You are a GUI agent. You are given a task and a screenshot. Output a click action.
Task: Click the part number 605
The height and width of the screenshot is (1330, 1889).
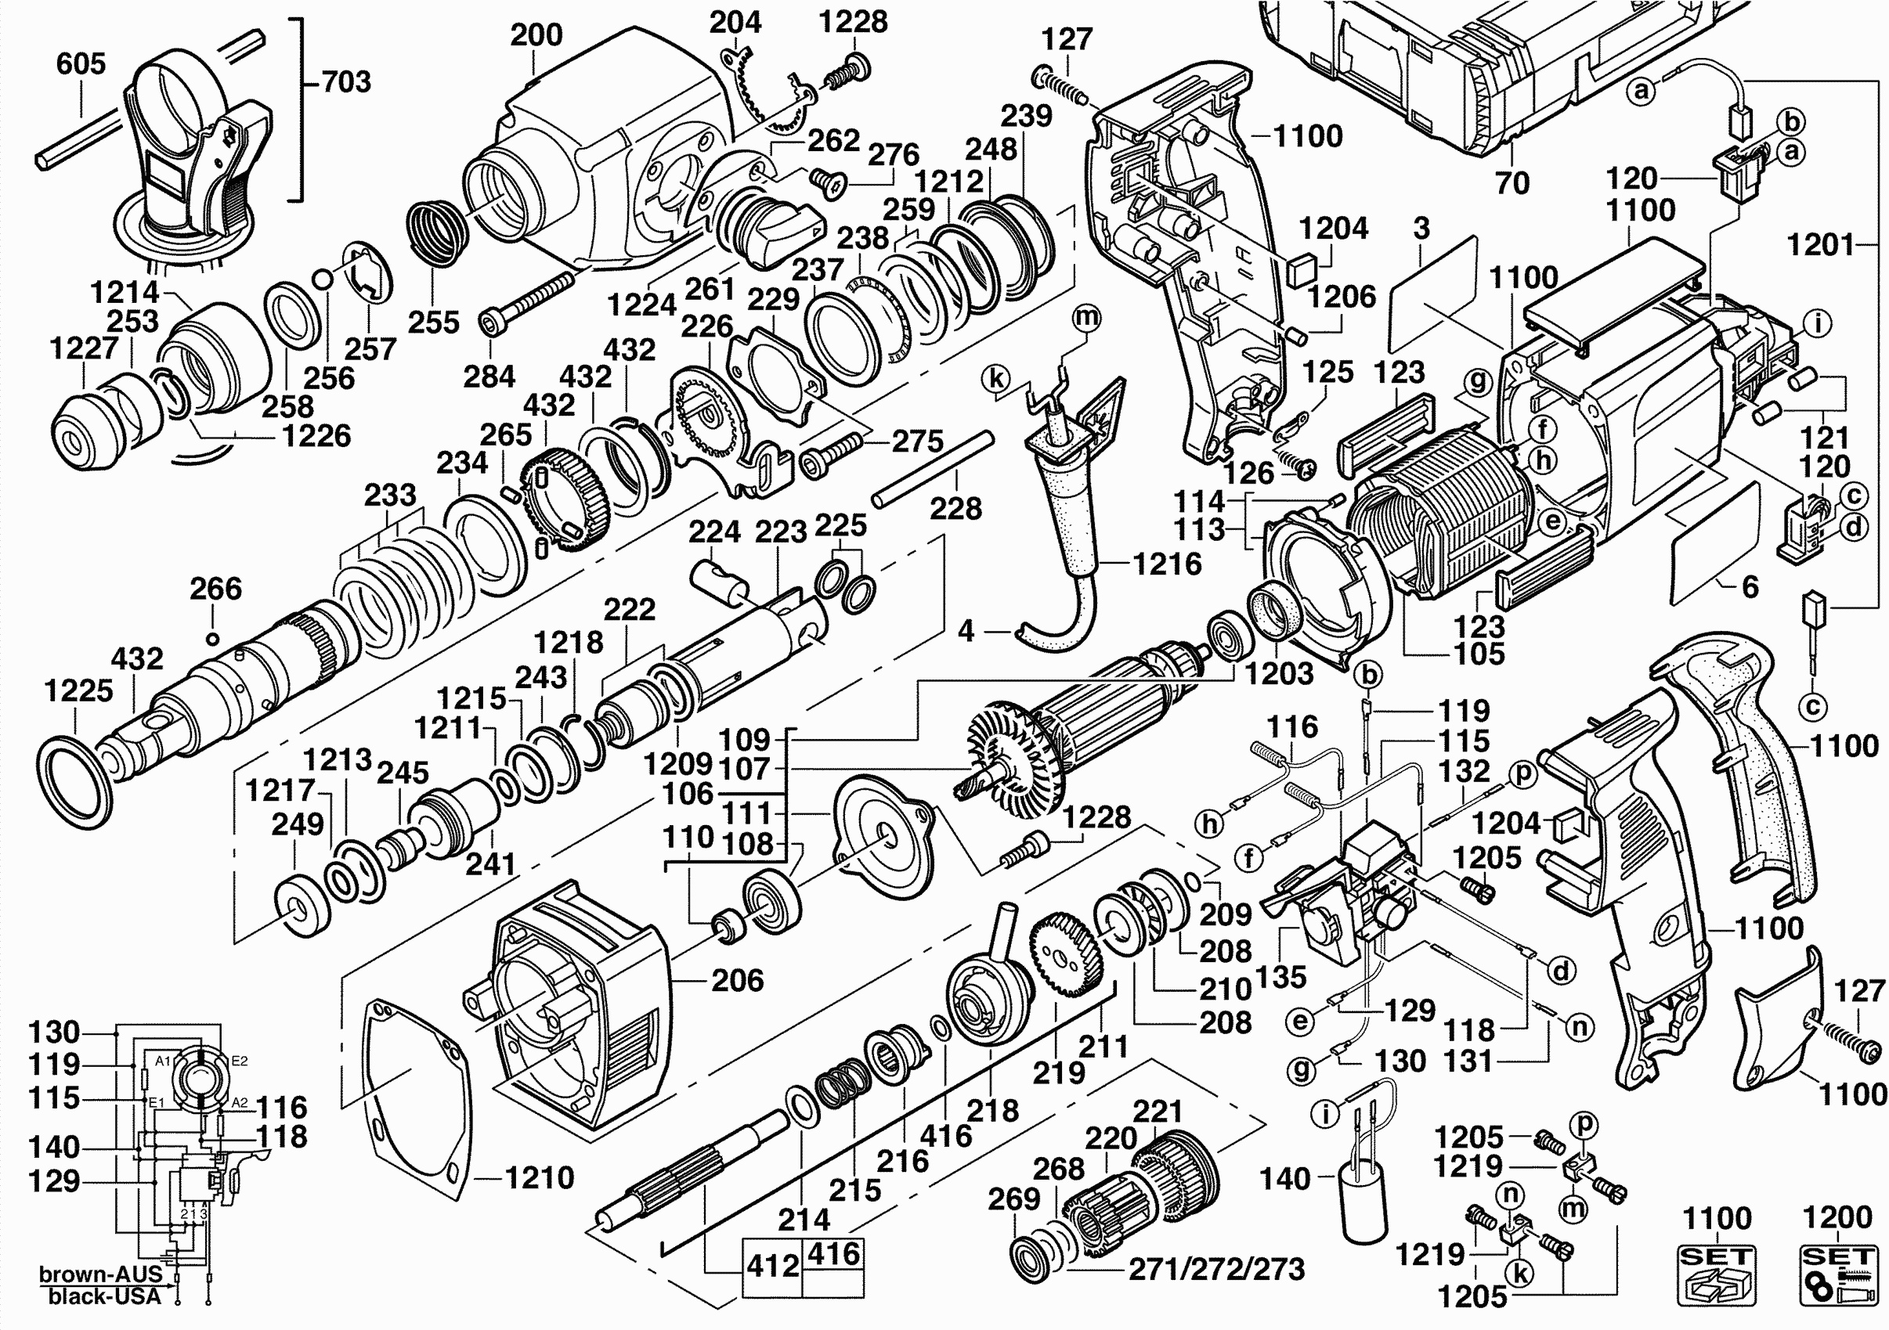81,64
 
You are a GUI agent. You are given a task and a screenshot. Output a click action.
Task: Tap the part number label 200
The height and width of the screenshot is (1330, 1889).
536,34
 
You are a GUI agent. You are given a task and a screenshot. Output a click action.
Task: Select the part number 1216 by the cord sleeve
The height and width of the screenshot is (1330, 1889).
1167,564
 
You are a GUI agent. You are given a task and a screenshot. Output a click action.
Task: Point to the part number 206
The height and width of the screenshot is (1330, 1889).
737,980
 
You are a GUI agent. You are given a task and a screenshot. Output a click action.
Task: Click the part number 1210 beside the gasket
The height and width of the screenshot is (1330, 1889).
539,1178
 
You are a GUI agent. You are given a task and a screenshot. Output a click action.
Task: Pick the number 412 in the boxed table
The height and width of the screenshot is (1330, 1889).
772,1266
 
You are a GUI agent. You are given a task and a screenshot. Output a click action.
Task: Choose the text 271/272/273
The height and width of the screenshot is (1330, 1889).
1216,1269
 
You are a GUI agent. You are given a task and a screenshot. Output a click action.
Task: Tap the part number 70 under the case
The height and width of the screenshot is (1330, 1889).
1512,182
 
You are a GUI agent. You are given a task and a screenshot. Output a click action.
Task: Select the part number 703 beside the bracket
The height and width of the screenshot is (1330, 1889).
346,81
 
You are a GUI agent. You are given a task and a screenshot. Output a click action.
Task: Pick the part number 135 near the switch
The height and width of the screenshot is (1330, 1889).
1281,976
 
